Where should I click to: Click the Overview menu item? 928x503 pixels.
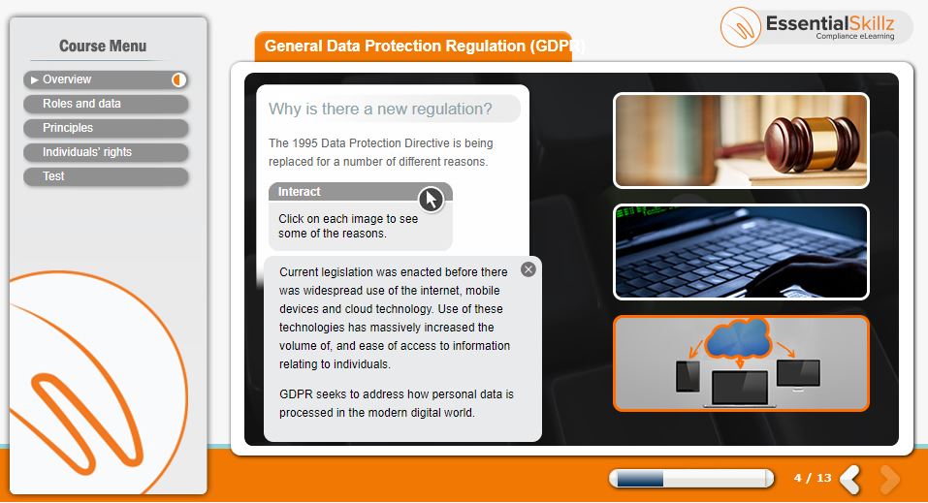click(x=106, y=79)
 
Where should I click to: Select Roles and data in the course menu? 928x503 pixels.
click(x=106, y=104)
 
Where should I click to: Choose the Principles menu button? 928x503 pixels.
click(x=106, y=128)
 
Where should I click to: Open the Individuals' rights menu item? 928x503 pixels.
click(x=106, y=153)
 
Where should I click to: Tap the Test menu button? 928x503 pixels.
click(x=106, y=177)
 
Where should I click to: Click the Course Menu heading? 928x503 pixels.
click(x=103, y=47)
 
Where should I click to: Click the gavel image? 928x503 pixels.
click(x=741, y=141)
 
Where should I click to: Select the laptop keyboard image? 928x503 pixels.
click(x=741, y=252)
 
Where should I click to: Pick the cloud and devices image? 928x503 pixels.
click(x=741, y=363)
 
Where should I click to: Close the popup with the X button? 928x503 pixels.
click(x=528, y=269)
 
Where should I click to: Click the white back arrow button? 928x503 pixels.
click(x=850, y=478)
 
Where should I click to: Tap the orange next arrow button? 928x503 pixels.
click(x=889, y=478)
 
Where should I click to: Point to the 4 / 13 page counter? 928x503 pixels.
click(x=813, y=478)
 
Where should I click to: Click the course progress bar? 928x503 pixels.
click(x=691, y=478)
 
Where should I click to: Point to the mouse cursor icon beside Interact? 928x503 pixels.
click(x=431, y=200)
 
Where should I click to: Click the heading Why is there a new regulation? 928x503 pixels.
click(x=380, y=109)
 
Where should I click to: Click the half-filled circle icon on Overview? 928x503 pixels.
click(x=178, y=79)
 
